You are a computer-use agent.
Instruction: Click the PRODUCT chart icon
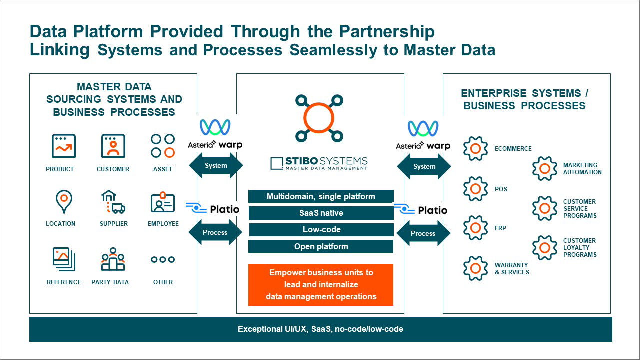(64, 146)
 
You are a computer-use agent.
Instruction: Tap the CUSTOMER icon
(113, 146)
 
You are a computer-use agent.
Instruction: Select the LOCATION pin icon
(64, 201)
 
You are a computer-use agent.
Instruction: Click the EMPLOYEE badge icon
(163, 202)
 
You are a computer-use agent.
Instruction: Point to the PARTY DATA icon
(113, 259)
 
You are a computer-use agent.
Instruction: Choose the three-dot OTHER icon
(163, 260)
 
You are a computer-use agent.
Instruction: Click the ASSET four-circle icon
(163, 146)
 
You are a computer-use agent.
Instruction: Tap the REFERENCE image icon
(64, 259)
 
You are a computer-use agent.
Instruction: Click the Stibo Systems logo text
(319, 163)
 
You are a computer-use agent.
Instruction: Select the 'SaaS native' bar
(321, 213)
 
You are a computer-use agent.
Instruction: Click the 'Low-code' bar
(321, 230)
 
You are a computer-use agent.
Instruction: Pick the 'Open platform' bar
(321, 246)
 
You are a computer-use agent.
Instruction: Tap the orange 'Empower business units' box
(321, 284)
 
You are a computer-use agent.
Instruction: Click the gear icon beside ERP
(475, 228)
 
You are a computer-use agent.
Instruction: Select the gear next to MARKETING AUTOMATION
(544, 169)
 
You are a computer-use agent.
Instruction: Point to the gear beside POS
(475, 189)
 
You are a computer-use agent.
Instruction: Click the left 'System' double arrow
(216, 166)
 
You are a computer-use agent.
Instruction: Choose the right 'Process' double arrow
(423, 233)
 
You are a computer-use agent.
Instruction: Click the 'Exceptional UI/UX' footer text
(320, 329)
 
